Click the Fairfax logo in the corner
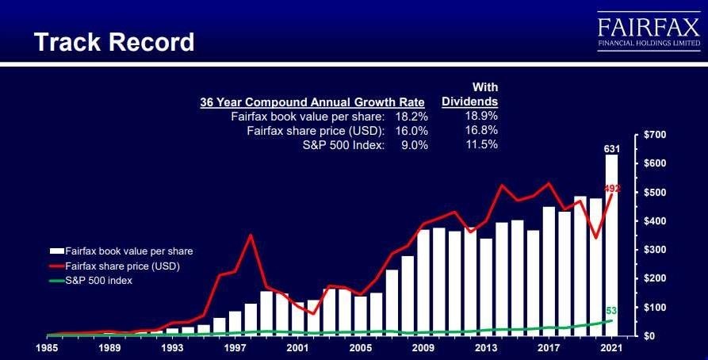click(649, 31)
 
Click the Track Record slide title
click(114, 42)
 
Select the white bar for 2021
click(612, 245)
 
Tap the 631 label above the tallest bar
click(612, 149)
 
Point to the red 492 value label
click(612, 189)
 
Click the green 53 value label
click(611, 311)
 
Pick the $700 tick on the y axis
click(652, 135)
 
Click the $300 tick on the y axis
click(652, 250)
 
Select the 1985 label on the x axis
click(47, 348)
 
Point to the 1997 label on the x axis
click(235, 348)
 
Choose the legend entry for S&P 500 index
click(90, 281)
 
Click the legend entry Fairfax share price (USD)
click(115, 266)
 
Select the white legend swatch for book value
click(56, 251)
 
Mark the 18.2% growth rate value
click(411, 117)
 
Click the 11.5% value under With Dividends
click(481, 144)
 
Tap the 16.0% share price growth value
click(411, 131)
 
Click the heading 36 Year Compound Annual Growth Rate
click(312, 102)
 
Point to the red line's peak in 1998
click(251, 235)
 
